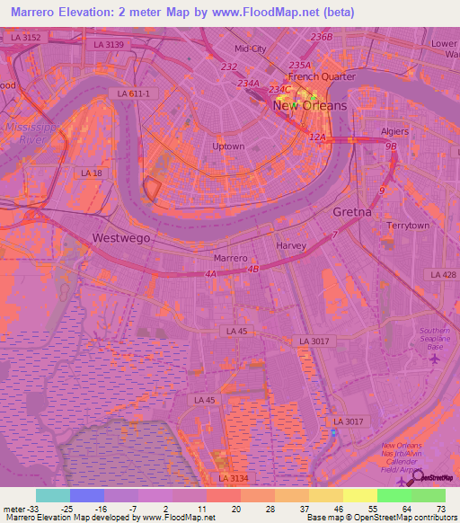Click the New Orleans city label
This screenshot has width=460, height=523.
[309, 106]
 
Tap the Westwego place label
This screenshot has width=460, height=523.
[121, 238]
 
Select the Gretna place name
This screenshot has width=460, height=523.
[351, 212]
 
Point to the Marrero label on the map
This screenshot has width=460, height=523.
[231, 258]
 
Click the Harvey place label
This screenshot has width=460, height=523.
[292, 245]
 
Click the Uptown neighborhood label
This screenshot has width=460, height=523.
[228, 146]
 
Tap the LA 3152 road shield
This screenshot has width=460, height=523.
[27, 37]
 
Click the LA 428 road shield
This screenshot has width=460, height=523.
[443, 274]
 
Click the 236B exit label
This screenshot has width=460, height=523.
[321, 37]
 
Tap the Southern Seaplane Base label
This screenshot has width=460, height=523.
[435, 339]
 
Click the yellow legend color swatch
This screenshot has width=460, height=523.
[360, 494]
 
